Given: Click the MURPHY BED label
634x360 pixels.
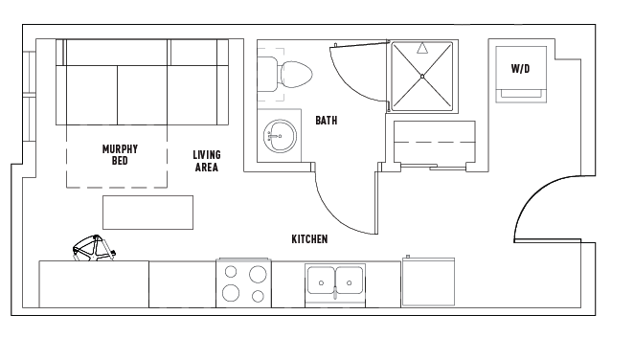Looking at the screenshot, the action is tap(120, 155).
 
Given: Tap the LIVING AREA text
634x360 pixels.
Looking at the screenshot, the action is tap(207, 161).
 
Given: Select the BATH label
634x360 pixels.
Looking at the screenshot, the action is tap(327, 121).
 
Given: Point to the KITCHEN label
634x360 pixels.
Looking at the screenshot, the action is tap(309, 239).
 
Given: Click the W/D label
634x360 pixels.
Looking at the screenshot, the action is tap(520, 69).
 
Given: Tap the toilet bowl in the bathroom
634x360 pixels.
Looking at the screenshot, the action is tap(297, 75).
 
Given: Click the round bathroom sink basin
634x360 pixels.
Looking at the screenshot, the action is tap(280, 136).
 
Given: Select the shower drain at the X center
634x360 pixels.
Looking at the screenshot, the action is tap(422, 77).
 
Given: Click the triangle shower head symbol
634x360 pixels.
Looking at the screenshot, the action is tap(422, 48).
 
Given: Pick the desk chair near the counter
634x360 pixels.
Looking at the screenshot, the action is tap(94, 248).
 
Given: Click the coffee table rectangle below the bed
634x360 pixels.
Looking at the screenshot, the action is tap(148, 213).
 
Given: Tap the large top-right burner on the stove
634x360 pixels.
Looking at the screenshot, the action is tap(258, 275).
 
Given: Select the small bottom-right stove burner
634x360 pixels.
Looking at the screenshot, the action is tap(258, 297).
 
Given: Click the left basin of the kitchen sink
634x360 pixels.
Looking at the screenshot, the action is tap(321, 281).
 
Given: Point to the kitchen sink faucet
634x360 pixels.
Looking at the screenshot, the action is tap(335, 292).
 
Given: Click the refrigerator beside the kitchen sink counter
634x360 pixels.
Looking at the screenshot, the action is tap(428, 281).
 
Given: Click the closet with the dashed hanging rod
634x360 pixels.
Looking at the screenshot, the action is tap(435, 142).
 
